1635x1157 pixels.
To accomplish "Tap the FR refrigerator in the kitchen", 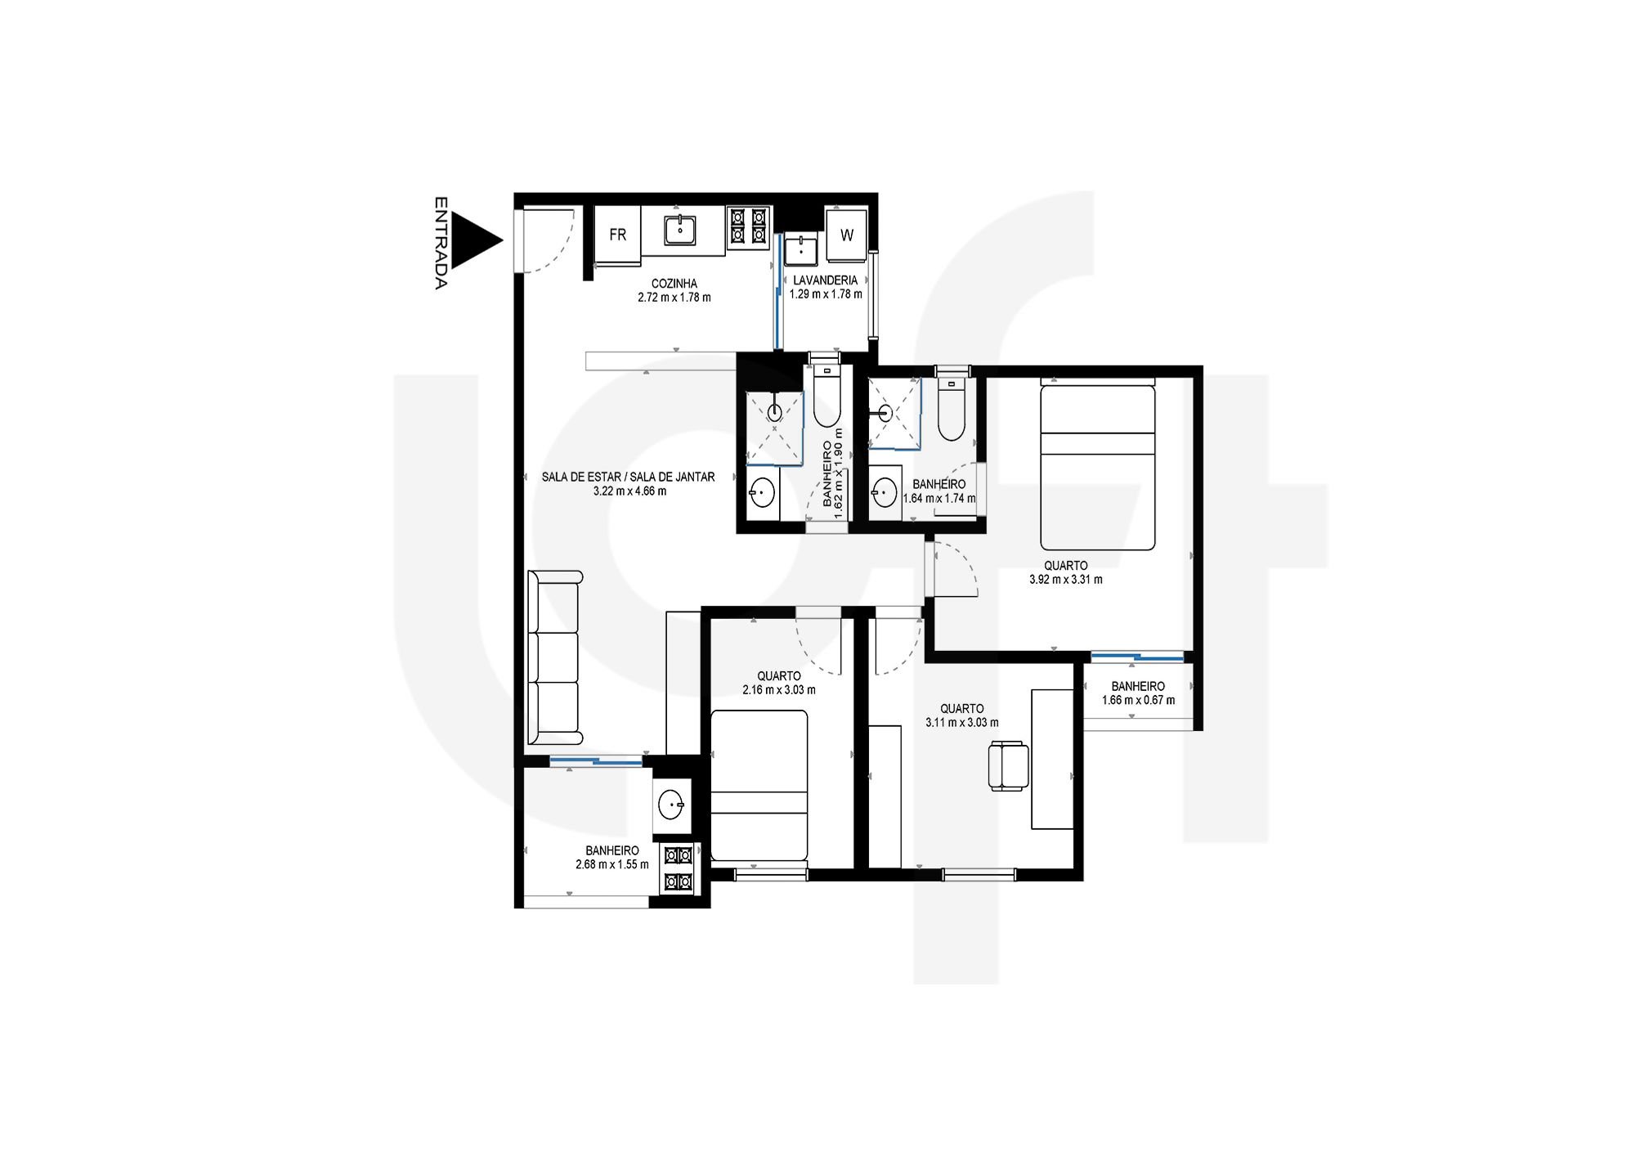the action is pos(617,235).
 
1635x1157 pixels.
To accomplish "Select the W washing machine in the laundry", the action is pos(846,235).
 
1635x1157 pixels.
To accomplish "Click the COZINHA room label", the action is pos(674,284).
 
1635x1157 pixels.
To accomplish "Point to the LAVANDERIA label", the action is pos(825,280).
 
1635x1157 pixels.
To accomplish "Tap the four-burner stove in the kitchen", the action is pos(748,226).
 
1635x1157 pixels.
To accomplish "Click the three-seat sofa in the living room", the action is pos(555,658).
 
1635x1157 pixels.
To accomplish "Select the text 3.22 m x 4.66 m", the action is pos(629,491).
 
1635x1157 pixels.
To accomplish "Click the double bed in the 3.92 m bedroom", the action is pos(1097,468).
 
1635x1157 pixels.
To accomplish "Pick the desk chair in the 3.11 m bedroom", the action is pos(1008,765).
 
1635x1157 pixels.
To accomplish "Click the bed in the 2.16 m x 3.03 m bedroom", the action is pos(759,785).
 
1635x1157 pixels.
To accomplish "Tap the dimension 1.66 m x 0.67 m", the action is pos(1138,701).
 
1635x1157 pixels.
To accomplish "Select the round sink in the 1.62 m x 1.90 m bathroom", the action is pos(762,493).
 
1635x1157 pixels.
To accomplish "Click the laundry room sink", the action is pos(802,250).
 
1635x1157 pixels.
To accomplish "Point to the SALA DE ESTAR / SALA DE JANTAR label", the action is pos(628,478).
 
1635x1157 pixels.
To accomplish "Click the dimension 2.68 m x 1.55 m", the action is pos(612,864).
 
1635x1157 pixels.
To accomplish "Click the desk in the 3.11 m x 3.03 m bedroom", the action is pos(1052,759).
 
